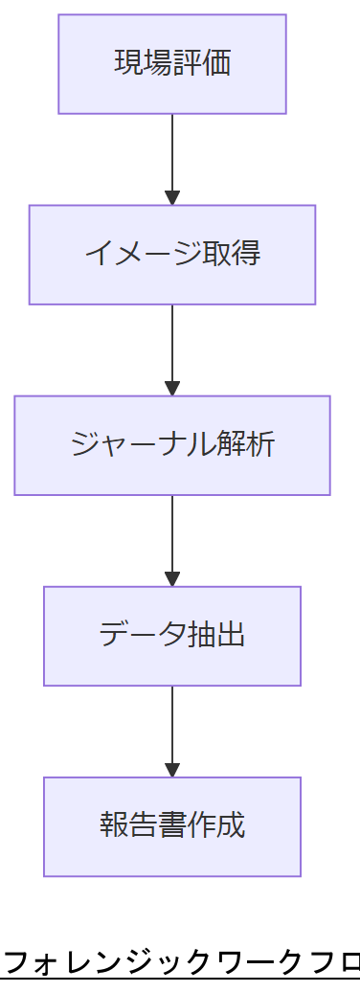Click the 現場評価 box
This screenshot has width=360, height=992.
[x=172, y=64]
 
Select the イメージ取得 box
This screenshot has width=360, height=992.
[x=172, y=255]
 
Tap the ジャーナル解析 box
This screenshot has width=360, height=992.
[x=172, y=445]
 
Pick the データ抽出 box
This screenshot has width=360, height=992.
[x=172, y=636]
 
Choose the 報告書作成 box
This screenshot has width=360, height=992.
[x=172, y=826]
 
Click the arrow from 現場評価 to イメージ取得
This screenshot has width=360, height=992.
[x=172, y=153]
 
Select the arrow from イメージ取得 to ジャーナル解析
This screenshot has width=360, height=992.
[x=172, y=345]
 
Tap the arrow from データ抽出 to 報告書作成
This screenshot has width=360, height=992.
[x=172, y=725]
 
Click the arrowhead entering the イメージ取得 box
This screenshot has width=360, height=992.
[x=172, y=198]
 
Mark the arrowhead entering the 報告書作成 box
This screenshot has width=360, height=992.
[x=172, y=770]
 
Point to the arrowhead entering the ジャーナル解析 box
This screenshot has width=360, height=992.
[x=172, y=389]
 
